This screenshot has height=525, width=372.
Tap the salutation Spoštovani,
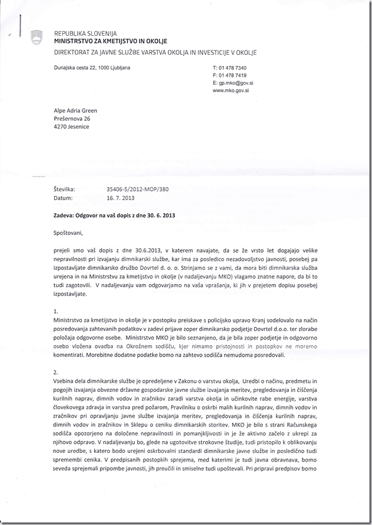[67, 234]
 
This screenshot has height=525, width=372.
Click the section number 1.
[56, 312]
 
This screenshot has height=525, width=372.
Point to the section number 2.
[56, 373]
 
